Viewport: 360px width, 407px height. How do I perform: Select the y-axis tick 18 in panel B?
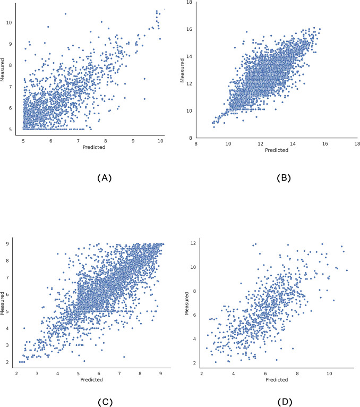pos(190,3)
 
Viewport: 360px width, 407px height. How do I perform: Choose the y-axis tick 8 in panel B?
pos(192,138)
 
